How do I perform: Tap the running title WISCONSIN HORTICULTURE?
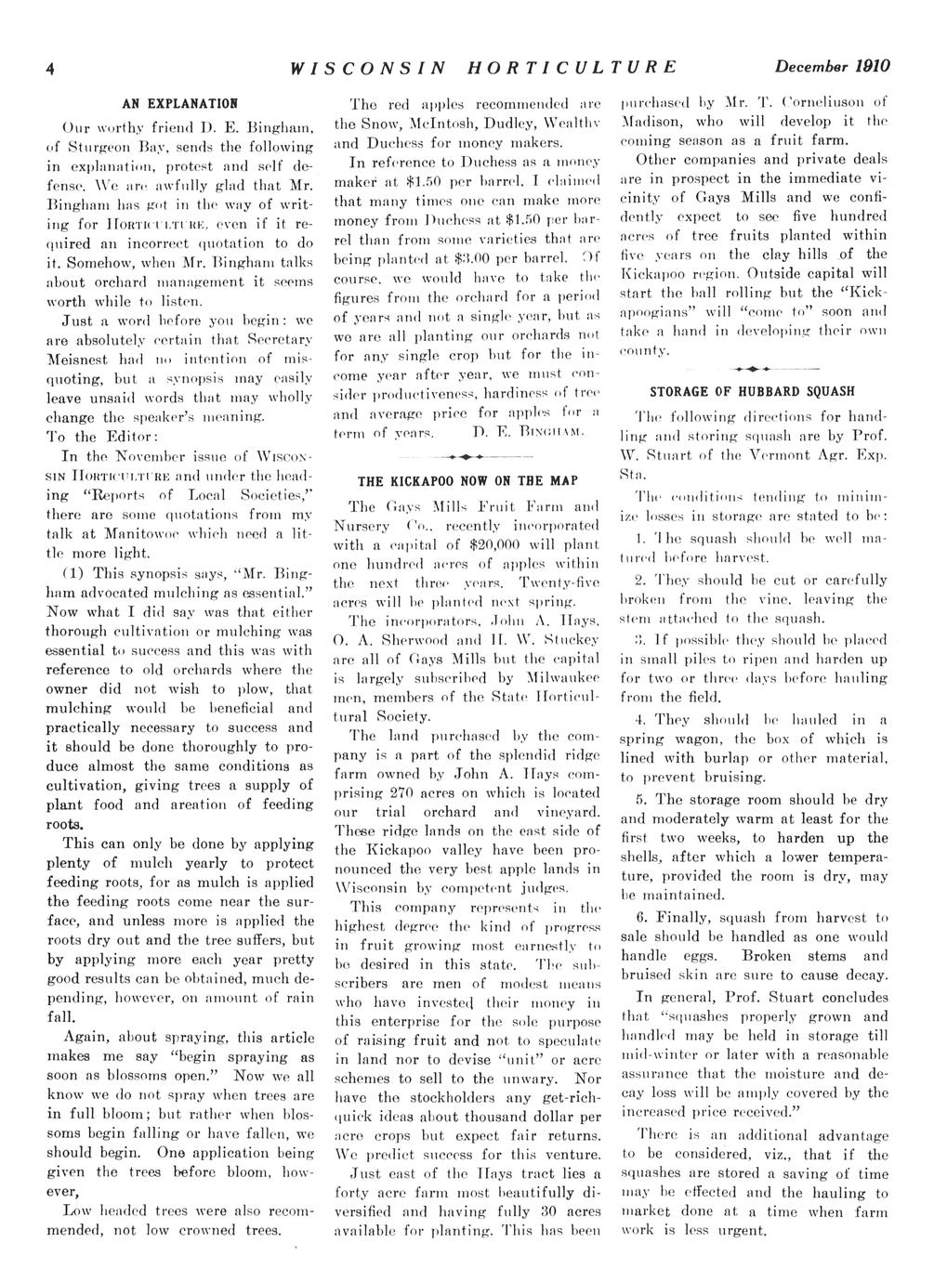482,67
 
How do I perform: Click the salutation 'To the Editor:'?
102,437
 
